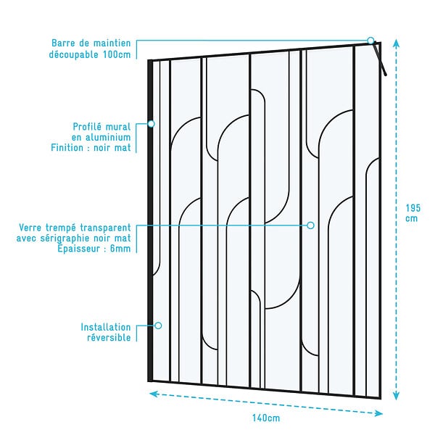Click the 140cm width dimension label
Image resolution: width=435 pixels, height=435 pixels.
point(266,418)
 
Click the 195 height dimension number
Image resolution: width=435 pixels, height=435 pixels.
point(413,208)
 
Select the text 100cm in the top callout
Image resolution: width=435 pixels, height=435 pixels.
point(117,54)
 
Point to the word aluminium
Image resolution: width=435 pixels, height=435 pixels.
point(108,137)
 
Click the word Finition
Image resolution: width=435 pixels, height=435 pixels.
point(67,148)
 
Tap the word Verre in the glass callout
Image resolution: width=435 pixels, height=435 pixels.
point(30,228)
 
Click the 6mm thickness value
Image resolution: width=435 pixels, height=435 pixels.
point(120,249)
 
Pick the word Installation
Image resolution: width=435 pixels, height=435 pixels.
point(106,327)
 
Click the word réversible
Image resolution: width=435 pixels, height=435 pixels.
point(109,338)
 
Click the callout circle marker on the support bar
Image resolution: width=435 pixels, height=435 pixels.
point(370,41)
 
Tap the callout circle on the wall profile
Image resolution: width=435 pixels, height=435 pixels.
point(151,124)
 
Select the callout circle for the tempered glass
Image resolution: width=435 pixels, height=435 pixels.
point(311,225)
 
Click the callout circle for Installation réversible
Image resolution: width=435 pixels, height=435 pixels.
point(158,326)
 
